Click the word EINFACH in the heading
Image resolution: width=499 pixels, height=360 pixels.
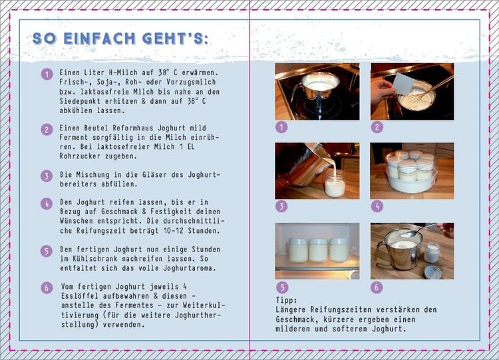pyautogui.click(x=99, y=39)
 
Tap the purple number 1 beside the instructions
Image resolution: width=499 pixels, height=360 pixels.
pyautogui.click(x=47, y=75)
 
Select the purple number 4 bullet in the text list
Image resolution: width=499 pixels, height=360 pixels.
pyautogui.click(x=47, y=204)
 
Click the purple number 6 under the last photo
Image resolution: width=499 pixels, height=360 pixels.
pyautogui.click(x=377, y=287)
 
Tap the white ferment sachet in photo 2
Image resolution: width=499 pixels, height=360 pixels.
pyautogui.click(x=403, y=84)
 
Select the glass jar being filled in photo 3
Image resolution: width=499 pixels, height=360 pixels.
pyautogui.click(x=335, y=183)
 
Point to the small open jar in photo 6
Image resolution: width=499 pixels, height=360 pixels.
pyautogui.click(x=432, y=252)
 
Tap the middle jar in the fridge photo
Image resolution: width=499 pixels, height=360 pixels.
pyautogui.click(x=318, y=250)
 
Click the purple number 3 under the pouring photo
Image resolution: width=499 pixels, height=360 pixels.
pyautogui.click(x=281, y=206)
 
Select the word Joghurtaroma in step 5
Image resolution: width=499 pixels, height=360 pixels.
pyautogui.click(x=190, y=268)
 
